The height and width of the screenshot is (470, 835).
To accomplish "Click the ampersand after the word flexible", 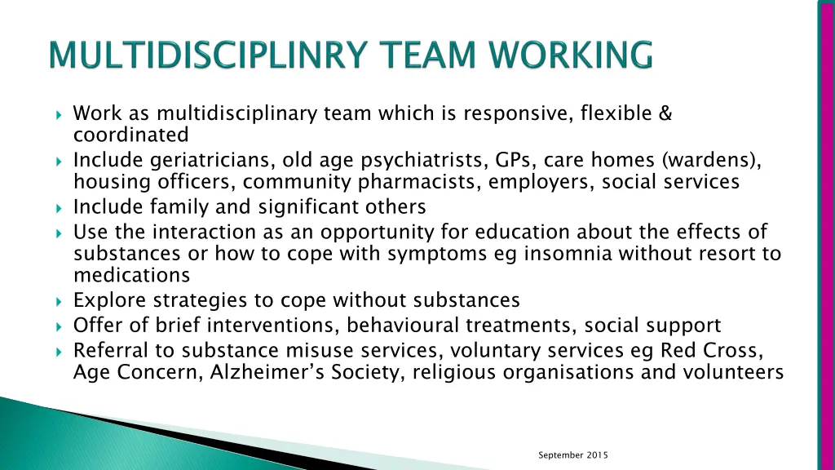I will coord(665,113).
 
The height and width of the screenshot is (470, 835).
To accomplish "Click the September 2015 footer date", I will coord(573,454).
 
